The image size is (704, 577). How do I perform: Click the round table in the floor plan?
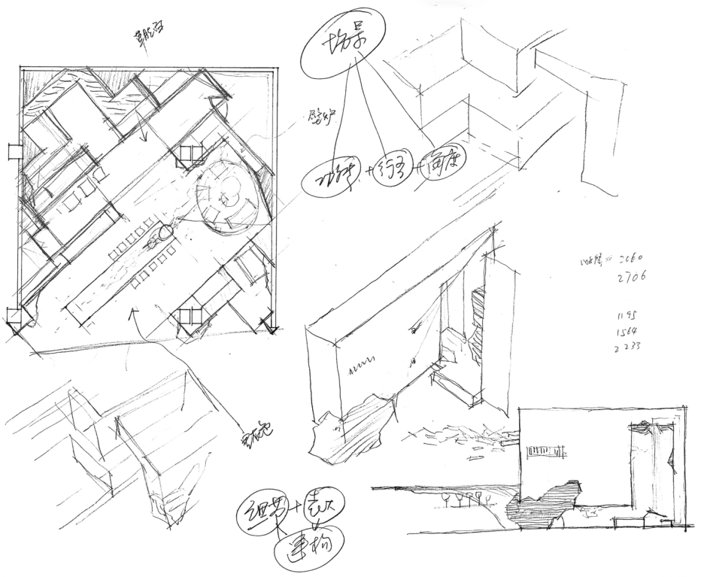point(225,193)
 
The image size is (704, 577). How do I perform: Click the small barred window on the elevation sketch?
point(547,452)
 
